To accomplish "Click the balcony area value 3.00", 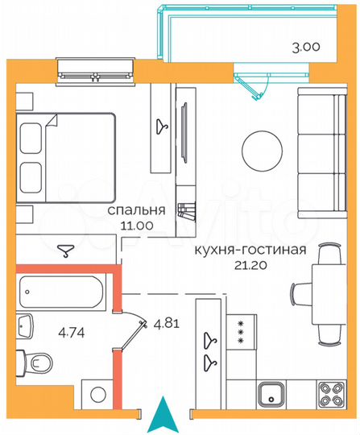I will pyautogui.click(x=305, y=47).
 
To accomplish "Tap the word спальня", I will pyautogui.click(x=138, y=210).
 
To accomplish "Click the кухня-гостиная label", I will pyautogui.click(x=250, y=249).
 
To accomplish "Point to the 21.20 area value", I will pyautogui.click(x=250, y=265).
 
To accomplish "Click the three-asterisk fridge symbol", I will pyautogui.click(x=239, y=332).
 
